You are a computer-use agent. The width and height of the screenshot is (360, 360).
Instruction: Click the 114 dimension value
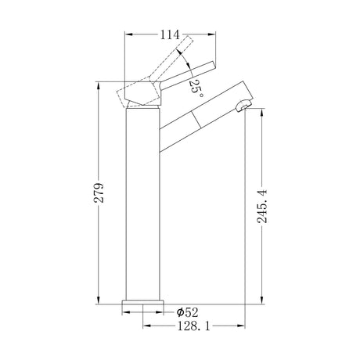pyautogui.click(x=170, y=34)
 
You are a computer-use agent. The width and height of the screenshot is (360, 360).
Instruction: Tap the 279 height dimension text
pyautogui.click(x=99, y=193)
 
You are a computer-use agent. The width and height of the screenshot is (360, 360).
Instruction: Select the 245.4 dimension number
pyautogui.click(x=262, y=207)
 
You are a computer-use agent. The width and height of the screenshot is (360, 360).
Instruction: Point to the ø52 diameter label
pyautogui.click(x=187, y=312)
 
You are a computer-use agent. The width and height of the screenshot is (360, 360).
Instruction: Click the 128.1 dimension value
pyautogui.click(x=193, y=326)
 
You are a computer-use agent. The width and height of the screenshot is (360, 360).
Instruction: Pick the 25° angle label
pyautogui.click(x=196, y=88)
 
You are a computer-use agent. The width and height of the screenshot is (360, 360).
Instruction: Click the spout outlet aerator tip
pyautogui.click(x=243, y=106)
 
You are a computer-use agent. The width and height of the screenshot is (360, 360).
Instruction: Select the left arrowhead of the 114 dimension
pyautogui.click(x=129, y=34)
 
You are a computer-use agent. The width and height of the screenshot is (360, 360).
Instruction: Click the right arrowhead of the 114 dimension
pyautogui.click(x=211, y=34)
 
